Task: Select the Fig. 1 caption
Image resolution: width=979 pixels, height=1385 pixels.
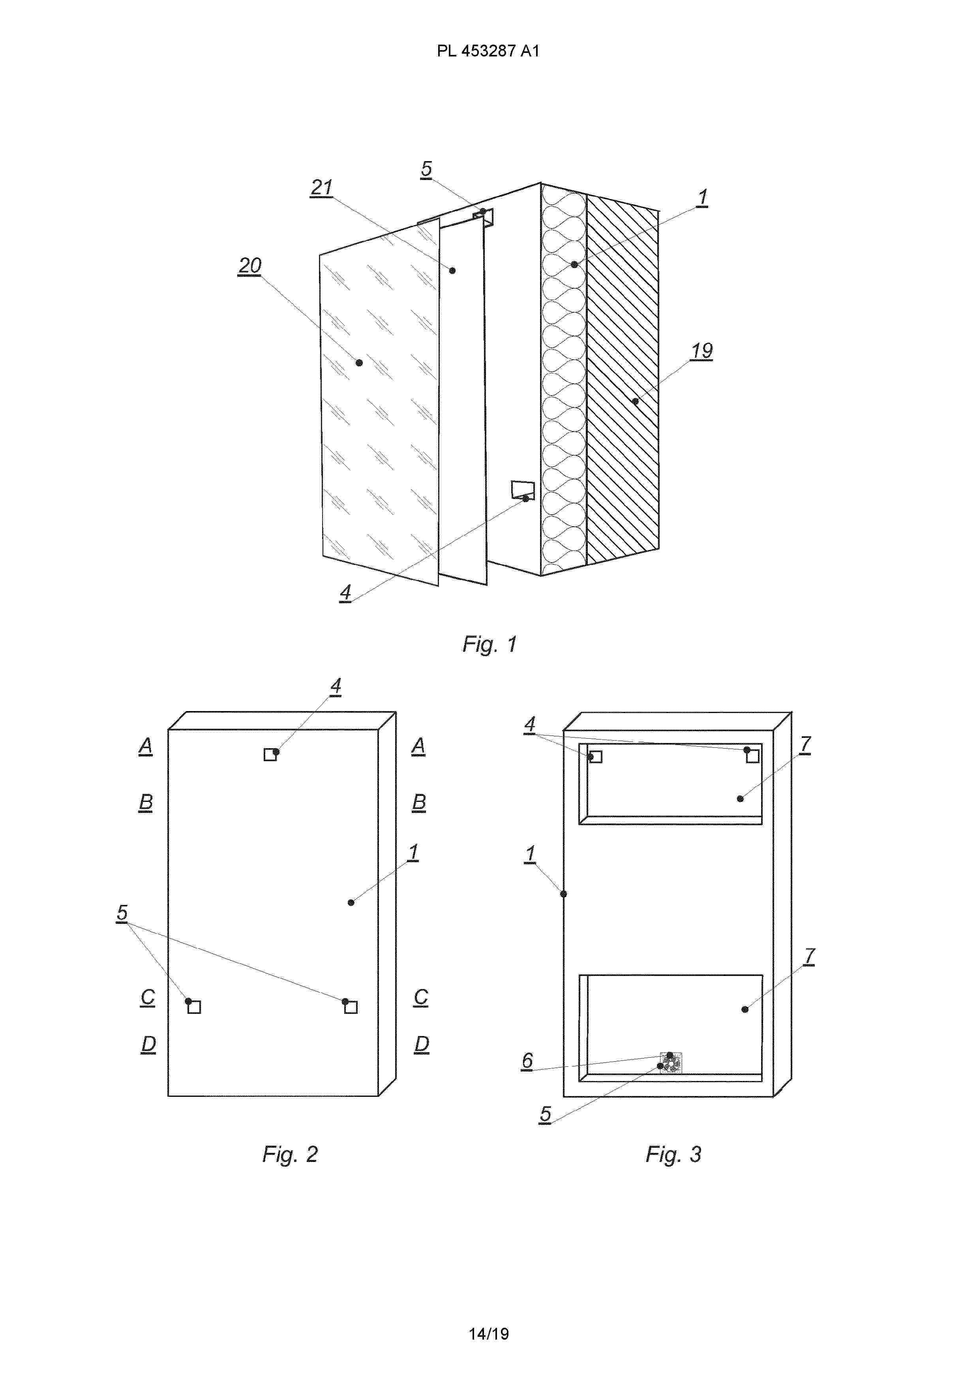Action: (x=489, y=644)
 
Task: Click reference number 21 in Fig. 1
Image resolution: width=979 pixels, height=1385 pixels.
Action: (x=321, y=188)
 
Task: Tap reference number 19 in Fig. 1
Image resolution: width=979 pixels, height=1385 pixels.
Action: (x=701, y=351)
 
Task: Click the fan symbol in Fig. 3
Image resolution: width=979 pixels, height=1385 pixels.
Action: (x=671, y=1063)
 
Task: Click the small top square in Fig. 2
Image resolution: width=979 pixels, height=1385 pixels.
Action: (x=270, y=754)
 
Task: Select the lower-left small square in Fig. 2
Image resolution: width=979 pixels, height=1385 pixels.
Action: (x=194, y=1007)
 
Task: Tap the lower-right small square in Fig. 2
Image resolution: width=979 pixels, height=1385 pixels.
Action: (x=351, y=1007)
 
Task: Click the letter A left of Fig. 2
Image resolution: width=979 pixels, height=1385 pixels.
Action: (x=145, y=746)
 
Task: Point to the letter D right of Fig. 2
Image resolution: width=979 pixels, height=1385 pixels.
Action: (x=422, y=1044)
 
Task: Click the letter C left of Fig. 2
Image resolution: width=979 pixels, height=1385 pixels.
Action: (x=147, y=997)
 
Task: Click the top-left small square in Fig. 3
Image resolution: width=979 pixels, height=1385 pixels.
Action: (x=595, y=756)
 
